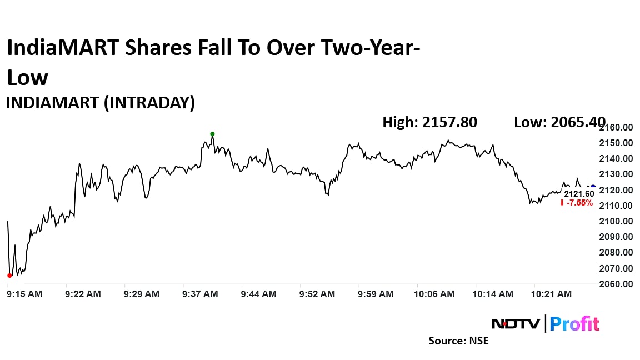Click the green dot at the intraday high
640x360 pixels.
(x=212, y=134)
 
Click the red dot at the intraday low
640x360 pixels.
(x=9, y=275)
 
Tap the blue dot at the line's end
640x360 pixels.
(x=593, y=187)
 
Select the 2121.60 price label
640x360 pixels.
(x=579, y=193)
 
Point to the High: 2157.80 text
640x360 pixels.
(x=429, y=122)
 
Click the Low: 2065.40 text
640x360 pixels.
(x=559, y=122)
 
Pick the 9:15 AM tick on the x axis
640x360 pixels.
(x=24, y=294)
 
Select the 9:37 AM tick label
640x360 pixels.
(x=200, y=294)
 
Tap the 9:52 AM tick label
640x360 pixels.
(x=317, y=294)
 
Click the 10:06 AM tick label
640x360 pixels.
(x=434, y=294)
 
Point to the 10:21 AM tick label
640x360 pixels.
(x=552, y=294)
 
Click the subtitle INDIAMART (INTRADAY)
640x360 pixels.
(x=100, y=103)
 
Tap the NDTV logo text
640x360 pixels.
(x=515, y=323)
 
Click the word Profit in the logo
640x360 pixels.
(x=574, y=323)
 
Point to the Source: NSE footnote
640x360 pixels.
(x=458, y=341)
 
